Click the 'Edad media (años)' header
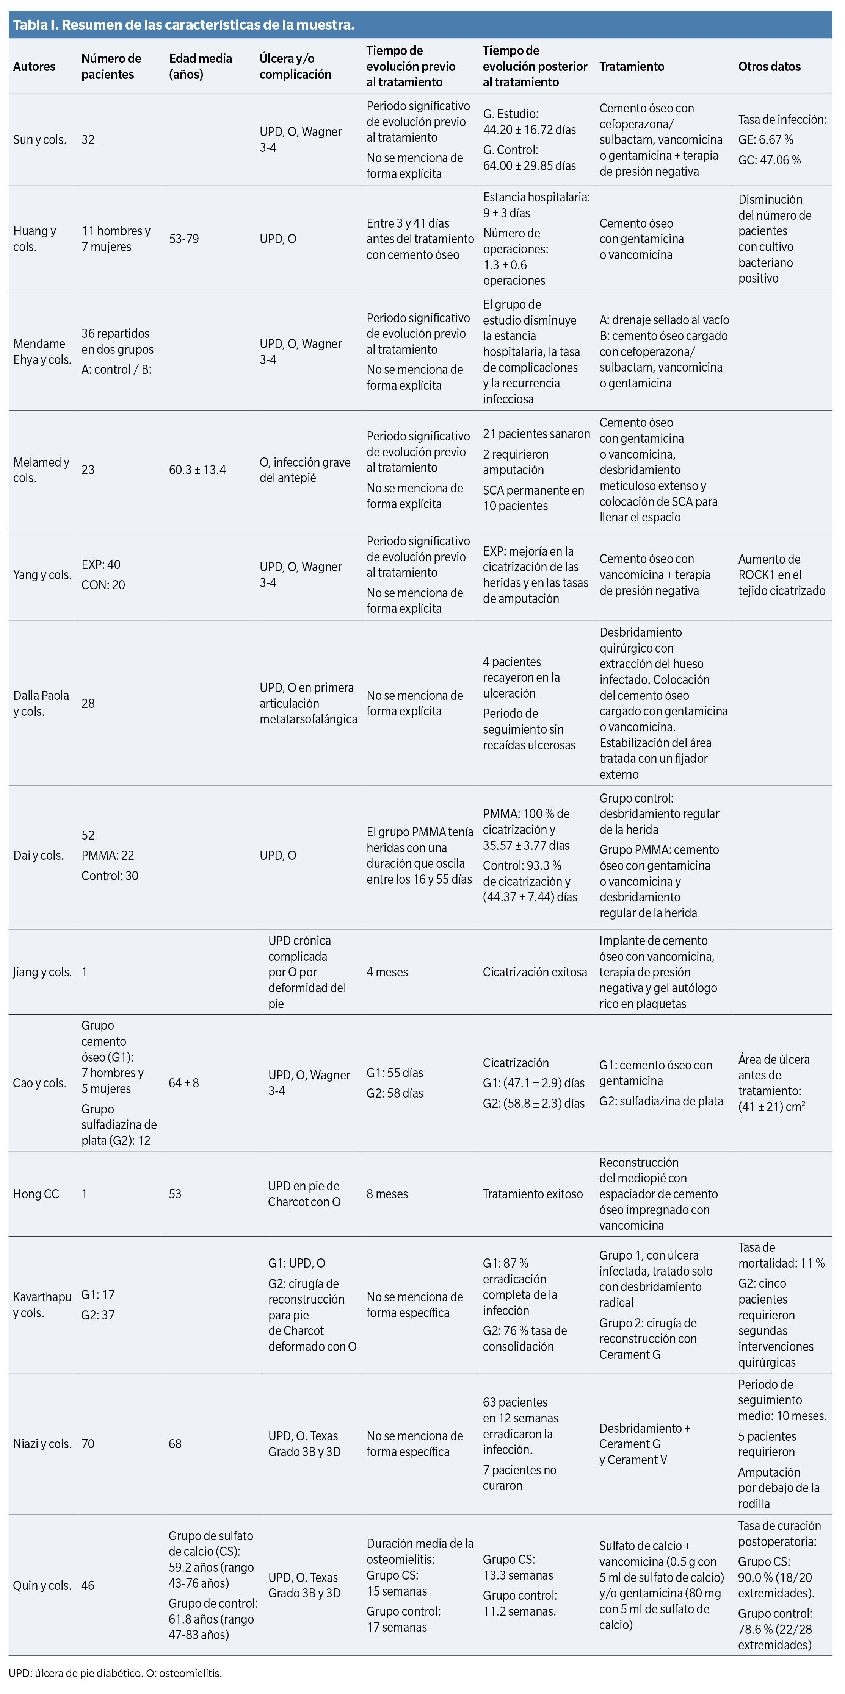(200, 66)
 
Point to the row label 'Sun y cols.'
(39, 139)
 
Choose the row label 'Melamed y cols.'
(41, 470)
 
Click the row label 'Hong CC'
(36, 1194)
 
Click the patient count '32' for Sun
(88, 139)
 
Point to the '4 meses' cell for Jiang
(387, 972)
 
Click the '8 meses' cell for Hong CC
(387, 1194)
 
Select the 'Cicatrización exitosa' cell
(535, 972)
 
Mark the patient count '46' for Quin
(88, 1585)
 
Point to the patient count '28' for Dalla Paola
(88, 703)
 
